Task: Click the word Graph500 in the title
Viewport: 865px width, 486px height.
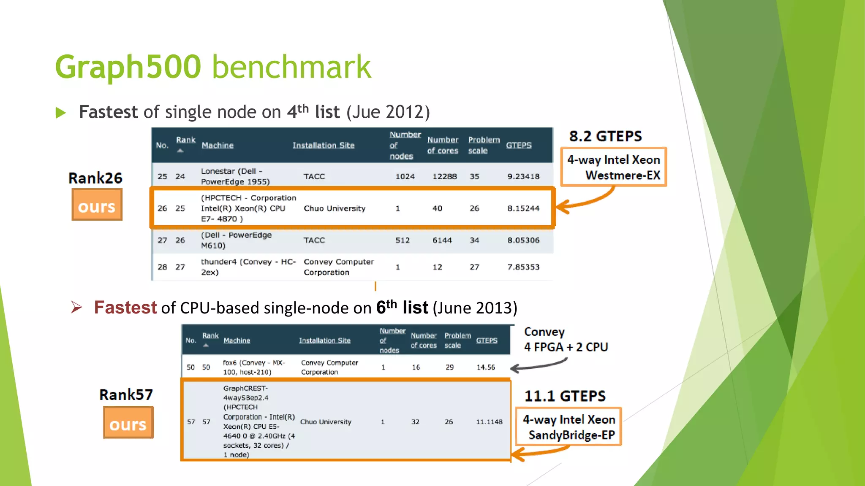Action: [x=128, y=67]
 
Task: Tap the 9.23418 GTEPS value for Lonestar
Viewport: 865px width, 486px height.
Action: [x=523, y=176]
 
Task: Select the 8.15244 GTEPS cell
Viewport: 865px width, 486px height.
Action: [x=523, y=208]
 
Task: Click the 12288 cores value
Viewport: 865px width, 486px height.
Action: [x=444, y=176]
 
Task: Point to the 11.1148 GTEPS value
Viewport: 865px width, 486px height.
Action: [x=489, y=422]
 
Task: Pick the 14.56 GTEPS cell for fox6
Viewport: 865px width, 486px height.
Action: [x=486, y=367]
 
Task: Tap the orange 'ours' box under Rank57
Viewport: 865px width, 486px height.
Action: [x=128, y=423]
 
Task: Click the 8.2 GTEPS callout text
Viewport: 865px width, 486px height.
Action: [x=605, y=136]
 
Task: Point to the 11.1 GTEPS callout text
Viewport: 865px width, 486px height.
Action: [x=565, y=396]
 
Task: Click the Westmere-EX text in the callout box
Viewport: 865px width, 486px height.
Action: [x=623, y=175]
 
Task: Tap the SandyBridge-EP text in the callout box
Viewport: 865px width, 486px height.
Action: [x=571, y=435]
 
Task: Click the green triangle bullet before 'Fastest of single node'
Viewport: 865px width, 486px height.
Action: [x=61, y=113]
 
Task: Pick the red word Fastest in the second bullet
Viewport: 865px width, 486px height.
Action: [x=125, y=308]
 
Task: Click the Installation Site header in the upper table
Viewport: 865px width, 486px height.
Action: [x=323, y=146]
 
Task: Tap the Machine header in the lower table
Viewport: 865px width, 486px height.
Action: [x=237, y=340]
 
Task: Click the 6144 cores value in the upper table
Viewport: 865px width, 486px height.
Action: [x=442, y=240]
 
